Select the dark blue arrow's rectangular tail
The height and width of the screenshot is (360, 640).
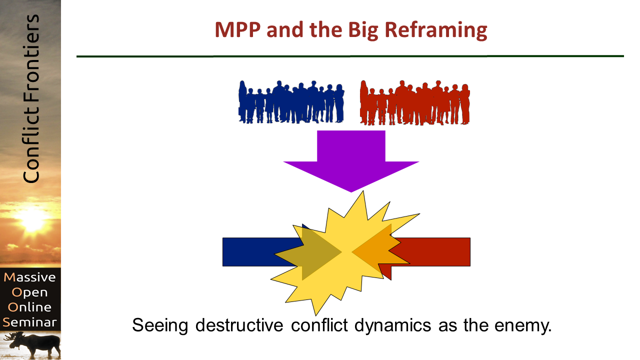tap(250, 251)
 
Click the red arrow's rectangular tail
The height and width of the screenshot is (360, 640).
tap(440, 251)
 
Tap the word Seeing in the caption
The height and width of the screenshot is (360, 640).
tap(160, 325)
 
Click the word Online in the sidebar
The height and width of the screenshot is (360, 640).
tap(31, 307)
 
